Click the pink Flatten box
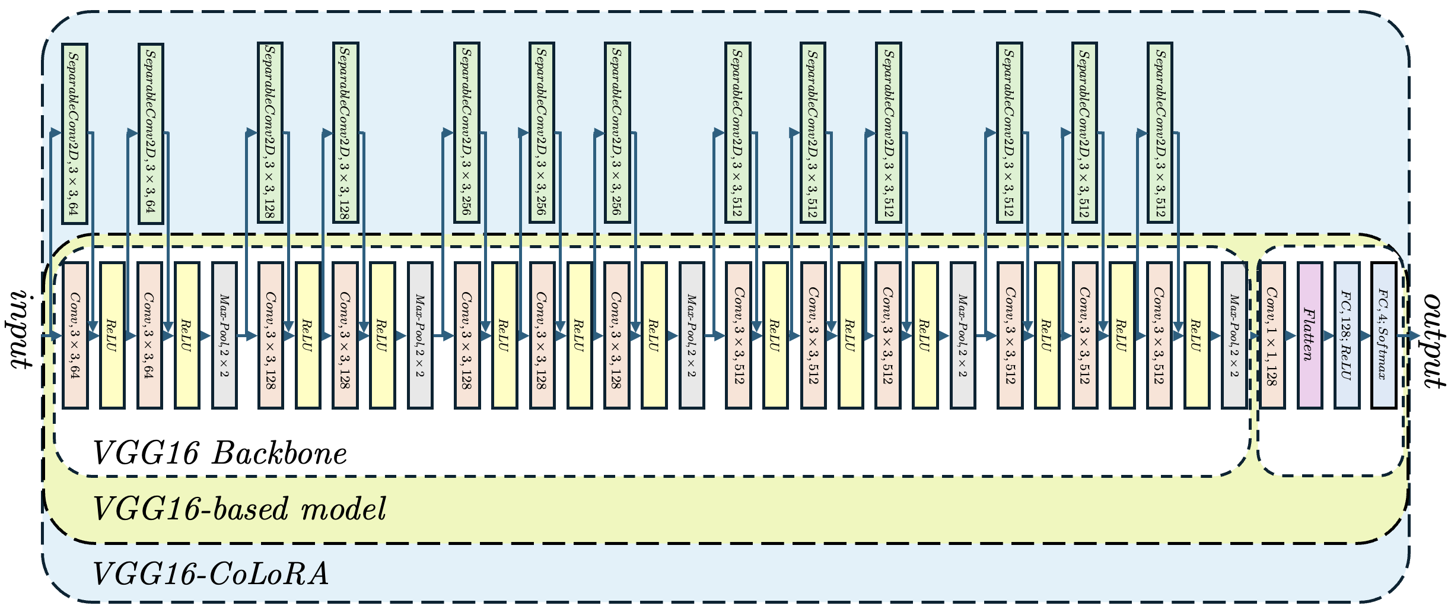(x=1310, y=335)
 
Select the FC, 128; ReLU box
(x=1347, y=335)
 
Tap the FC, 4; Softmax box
(x=1383, y=335)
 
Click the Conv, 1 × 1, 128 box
(x=1272, y=335)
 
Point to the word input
(x=20, y=329)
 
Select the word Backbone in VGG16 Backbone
(x=279, y=454)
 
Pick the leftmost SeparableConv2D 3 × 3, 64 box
(x=75, y=134)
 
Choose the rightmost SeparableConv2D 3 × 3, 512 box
(x=1160, y=134)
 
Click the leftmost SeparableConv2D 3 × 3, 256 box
(x=467, y=134)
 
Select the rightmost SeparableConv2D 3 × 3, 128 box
(x=346, y=134)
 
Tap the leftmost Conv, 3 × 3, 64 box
(x=75, y=335)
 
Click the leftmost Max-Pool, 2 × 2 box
(x=224, y=335)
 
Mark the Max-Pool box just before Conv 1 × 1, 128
(x=1234, y=335)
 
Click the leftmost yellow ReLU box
(x=112, y=335)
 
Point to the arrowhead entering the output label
(x=1414, y=336)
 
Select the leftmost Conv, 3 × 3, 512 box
(x=739, y=335)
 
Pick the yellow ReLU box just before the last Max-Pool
(x=1197, y=335)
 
